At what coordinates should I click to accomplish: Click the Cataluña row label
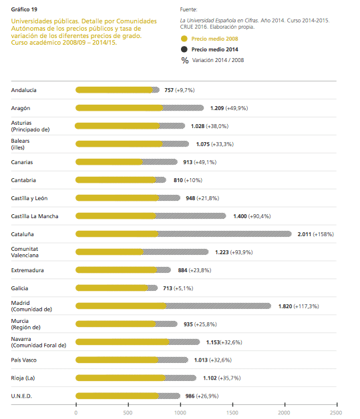tap(23, 234)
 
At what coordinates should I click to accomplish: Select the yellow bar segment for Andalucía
tap(114, 89)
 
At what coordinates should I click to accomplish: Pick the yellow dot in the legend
tap(184, 39)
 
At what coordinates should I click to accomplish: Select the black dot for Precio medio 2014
tap(184, 49)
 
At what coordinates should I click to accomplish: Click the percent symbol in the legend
tap(184, 60)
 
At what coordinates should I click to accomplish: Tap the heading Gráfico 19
tap(24, 9)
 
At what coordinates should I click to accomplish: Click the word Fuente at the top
tap(190, 9)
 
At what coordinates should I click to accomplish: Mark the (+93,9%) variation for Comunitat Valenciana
tap(245, 252)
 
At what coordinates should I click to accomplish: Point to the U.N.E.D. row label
tap(22, 396)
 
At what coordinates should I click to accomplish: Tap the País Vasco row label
tap(24, 360)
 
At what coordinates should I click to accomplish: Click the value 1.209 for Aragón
tap(216, 107)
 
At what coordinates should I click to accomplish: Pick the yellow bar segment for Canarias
tap(109, 161)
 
